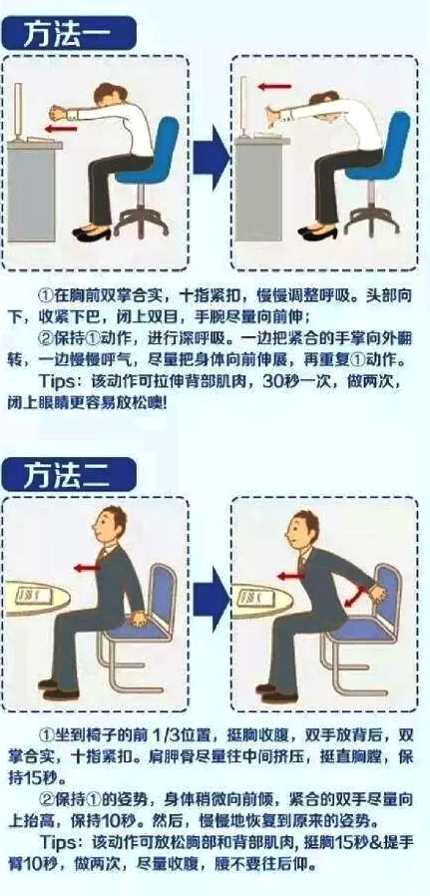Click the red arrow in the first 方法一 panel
click(x=62, y=129)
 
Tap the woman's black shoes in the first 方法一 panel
click(x=92, y=233)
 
